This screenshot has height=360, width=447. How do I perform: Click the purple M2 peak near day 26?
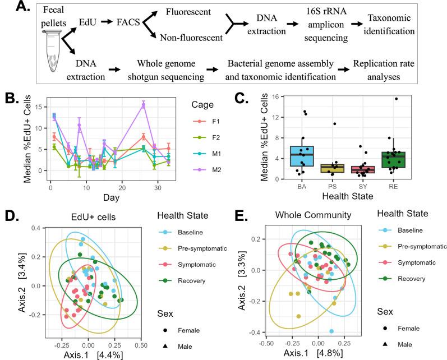(x=144, y=105)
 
